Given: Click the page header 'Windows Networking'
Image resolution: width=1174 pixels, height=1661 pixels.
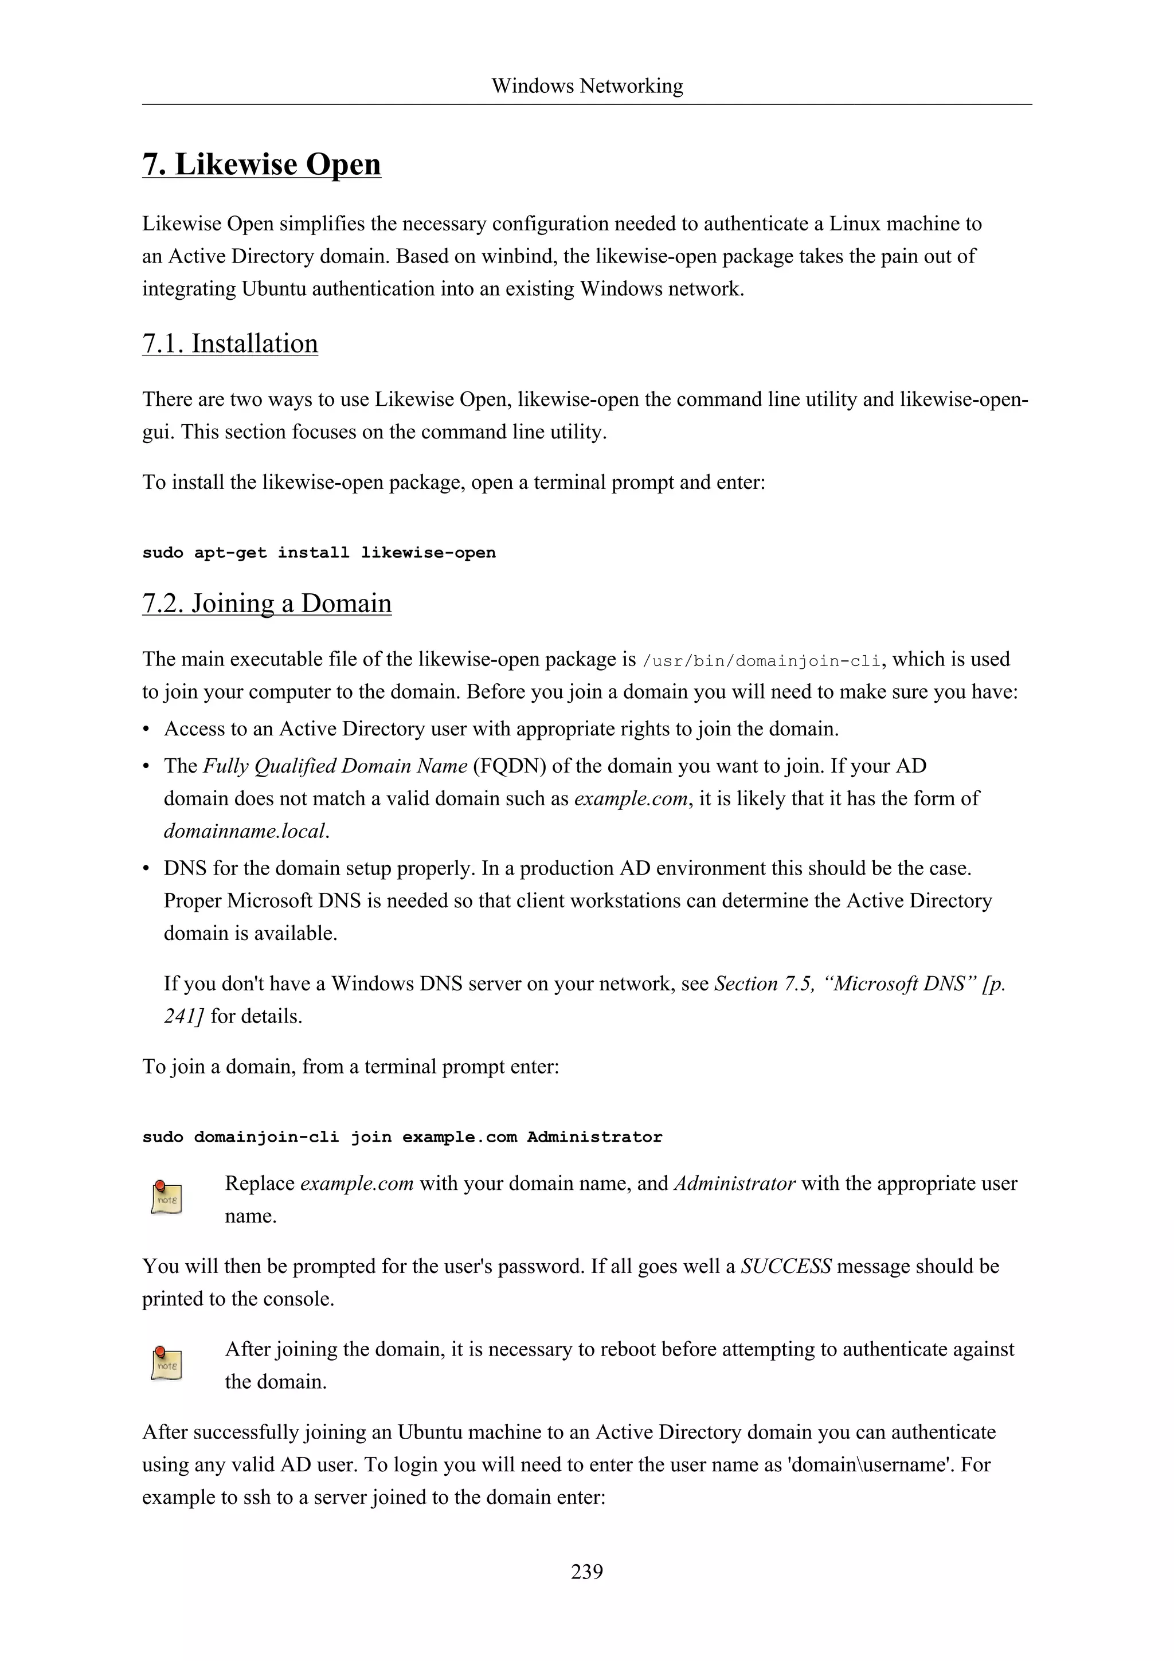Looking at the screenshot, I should click(586, 86).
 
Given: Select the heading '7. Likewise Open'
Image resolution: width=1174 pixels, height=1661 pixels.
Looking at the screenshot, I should click(261, 164).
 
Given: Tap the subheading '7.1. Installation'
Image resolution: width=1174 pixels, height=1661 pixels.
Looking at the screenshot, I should click(230, 344).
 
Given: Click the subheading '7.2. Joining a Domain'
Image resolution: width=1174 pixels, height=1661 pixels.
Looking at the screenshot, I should click(267, 604).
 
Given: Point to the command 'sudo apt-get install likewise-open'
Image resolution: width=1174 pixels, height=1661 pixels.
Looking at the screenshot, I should click(319, 553).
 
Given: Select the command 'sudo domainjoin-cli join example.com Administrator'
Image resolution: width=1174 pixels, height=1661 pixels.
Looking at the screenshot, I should click(402, 1137).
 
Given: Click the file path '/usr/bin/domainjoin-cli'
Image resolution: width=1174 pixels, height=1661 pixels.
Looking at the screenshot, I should click(762, 660).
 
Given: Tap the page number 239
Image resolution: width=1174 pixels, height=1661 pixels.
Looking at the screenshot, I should click(586, 1571).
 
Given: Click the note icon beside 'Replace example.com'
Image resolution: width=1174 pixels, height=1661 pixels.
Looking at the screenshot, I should click(166, 1198).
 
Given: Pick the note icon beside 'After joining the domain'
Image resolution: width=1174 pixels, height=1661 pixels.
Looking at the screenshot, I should click(166, 1364).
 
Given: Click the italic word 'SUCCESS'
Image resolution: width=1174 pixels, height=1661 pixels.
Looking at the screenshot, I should click(785, 1267).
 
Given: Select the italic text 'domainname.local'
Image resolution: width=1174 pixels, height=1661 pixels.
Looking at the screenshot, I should click(246, 831).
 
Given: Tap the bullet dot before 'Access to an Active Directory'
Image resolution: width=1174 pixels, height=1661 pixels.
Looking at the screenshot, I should click(146, 729).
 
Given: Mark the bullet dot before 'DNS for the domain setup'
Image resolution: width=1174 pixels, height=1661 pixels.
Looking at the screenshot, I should click(146, 869).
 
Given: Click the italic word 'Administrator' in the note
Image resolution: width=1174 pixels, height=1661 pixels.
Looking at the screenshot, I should click(734, 1184).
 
